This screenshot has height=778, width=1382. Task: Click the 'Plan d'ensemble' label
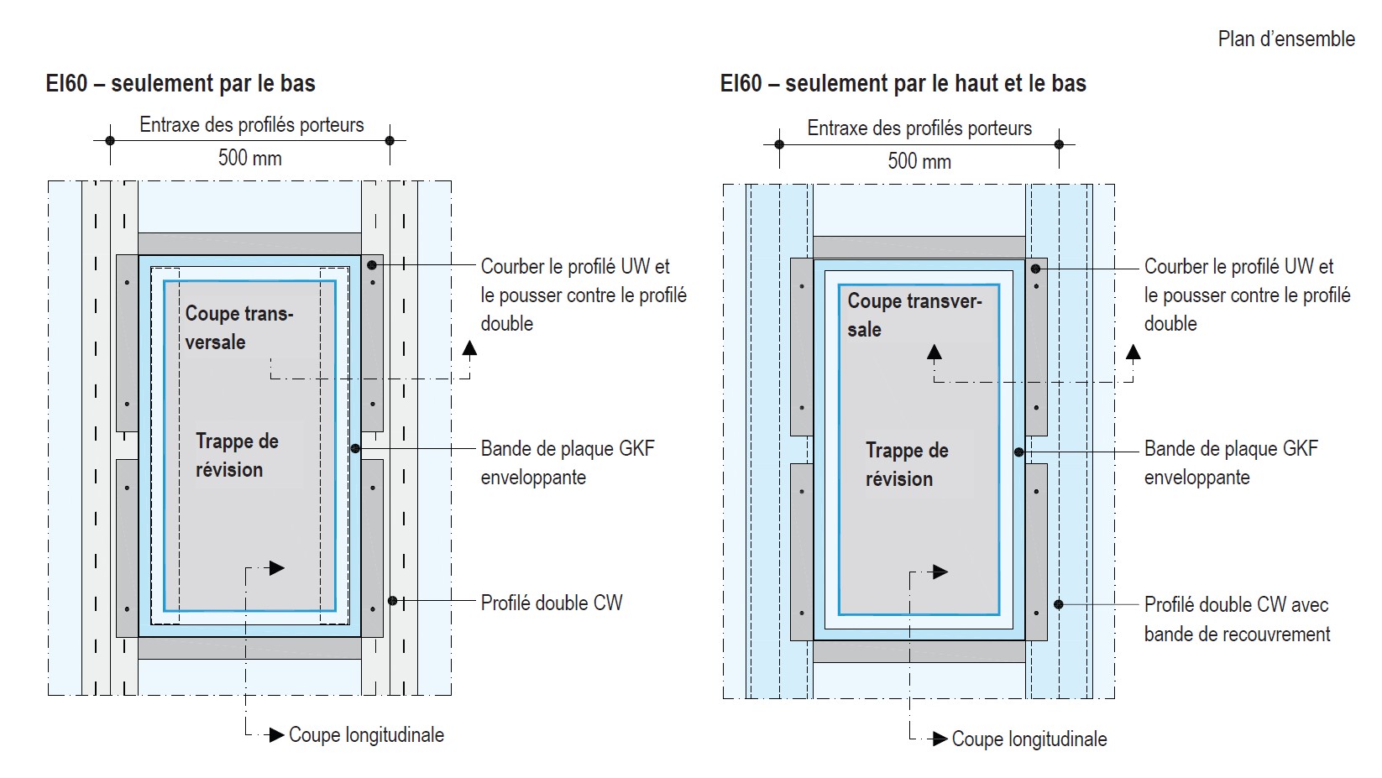pos(1285,39)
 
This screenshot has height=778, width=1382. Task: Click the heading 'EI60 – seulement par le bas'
pos(181,84)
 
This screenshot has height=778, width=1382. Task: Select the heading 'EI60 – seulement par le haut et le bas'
pos(903,84)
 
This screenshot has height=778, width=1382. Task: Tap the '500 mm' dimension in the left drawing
pos(249,158)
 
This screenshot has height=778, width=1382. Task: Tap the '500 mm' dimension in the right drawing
pos(919,161)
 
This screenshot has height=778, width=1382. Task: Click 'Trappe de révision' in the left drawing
pos(236,455)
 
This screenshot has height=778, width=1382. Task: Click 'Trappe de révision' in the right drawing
pos(906,464)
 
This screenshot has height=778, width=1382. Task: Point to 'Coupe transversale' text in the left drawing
pos(238,327)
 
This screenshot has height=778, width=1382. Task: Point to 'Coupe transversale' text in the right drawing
pos(913,315)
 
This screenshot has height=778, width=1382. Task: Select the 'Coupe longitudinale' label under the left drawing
pos(366,735)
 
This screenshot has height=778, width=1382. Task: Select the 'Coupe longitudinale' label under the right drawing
pos(1029,739)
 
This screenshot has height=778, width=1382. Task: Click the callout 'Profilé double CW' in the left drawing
pos(551,603)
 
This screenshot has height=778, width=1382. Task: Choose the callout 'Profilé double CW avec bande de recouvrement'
pos(1236,619)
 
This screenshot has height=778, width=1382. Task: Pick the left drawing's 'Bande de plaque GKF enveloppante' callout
pos(567,462)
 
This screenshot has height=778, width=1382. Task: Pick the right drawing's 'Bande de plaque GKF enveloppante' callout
pos(1230,462)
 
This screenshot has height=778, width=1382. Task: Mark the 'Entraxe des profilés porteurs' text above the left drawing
pos(251,125)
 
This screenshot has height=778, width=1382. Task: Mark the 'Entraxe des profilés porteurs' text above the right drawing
pos(919,128)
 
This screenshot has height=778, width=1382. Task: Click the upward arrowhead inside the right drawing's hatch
pos(934,352)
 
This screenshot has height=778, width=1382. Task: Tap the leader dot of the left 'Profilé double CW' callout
pos(392,601)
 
